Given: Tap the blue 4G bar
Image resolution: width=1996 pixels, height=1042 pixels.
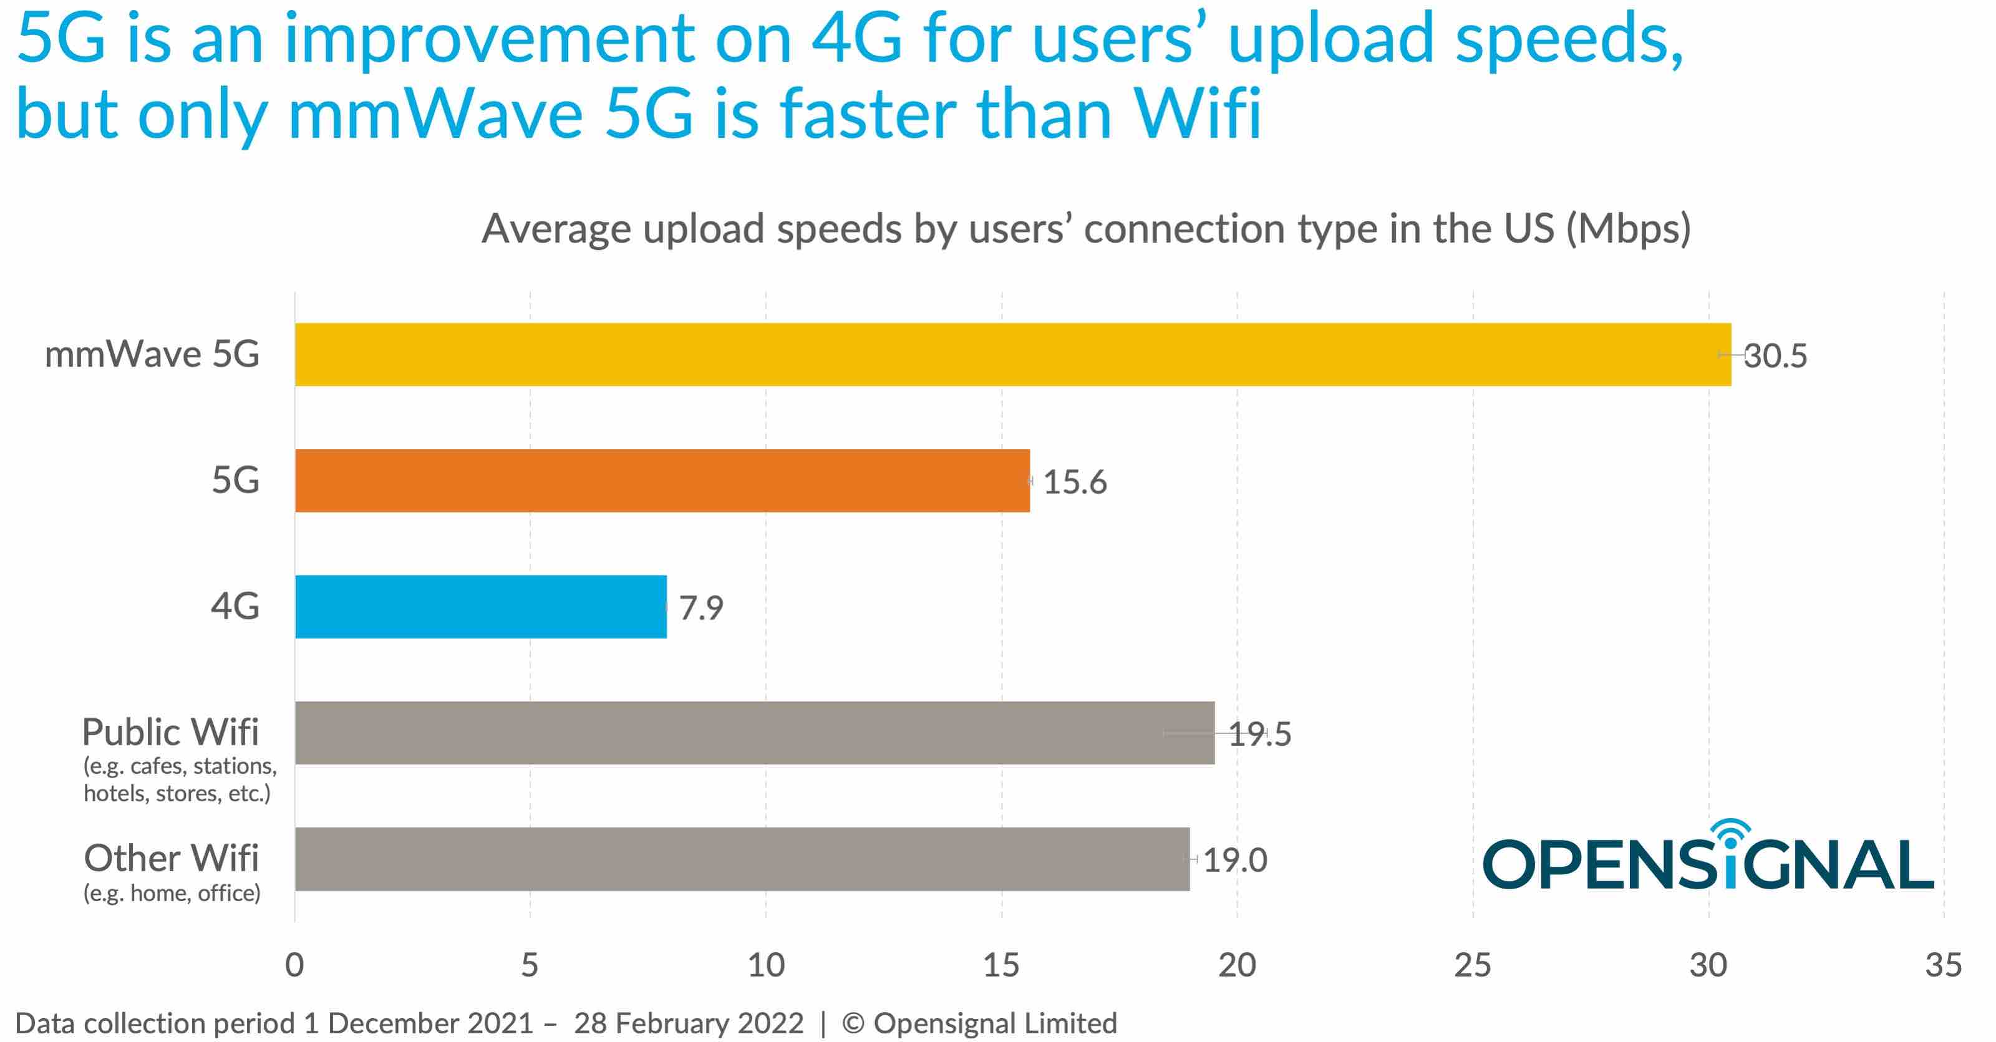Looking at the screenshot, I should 480,607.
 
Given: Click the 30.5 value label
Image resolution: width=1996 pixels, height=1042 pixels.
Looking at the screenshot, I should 1776,356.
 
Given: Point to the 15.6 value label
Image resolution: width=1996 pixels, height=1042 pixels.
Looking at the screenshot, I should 1075,482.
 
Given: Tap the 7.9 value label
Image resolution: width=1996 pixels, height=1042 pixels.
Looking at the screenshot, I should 701,608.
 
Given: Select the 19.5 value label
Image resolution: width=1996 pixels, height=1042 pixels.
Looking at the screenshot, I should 1261,735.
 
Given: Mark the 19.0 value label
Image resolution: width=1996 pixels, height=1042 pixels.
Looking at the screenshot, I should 1235,860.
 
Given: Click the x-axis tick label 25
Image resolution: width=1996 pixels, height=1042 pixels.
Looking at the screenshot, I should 1472,965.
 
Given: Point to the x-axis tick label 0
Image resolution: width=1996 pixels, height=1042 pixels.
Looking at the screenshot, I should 294,965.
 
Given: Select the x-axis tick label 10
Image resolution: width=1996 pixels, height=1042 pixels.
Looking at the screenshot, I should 765,965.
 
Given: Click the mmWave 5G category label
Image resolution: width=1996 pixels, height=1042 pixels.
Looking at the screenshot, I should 152,355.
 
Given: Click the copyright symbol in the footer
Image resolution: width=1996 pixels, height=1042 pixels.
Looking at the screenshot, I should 853,1023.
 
